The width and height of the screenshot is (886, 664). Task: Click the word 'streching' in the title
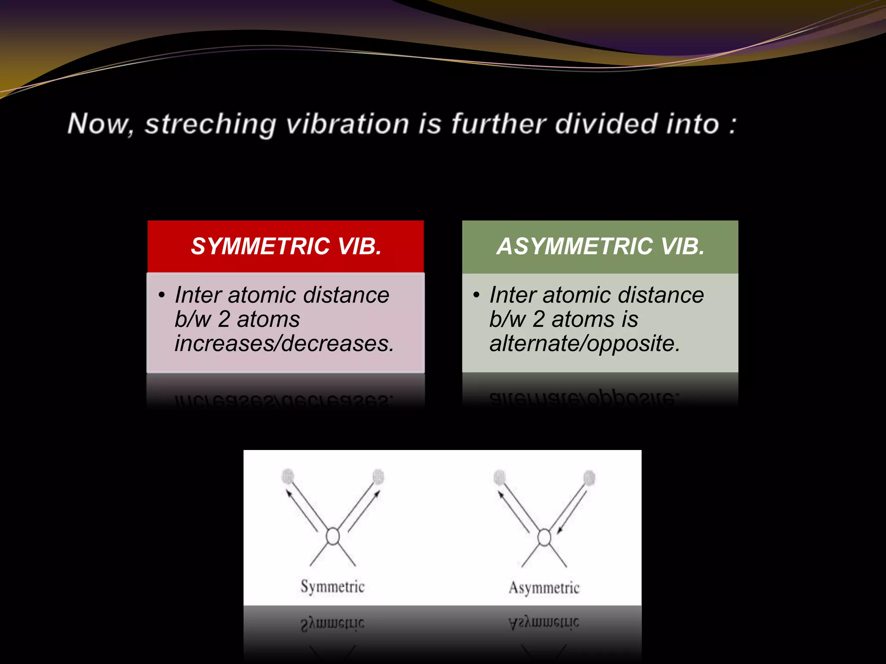(x=210, y=124)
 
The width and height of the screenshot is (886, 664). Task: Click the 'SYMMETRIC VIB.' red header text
(x=286, y=246)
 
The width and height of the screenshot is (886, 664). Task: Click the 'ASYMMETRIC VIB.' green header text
(x=600, y=246)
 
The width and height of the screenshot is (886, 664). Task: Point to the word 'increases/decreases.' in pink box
(x=284, y=344)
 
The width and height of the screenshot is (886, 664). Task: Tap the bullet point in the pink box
(x=161, y=295)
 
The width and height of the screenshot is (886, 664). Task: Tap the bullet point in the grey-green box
(x=476, y=295)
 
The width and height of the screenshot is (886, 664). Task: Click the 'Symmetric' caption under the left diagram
(x=333, y=587)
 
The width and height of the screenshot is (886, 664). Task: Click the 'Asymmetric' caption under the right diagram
(x=544, y=587)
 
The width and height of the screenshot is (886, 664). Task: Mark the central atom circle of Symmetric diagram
(x=333, y=536)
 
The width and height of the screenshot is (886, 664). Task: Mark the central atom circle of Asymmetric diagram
(x=544, y=538)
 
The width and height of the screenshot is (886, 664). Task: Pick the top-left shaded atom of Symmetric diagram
(x=287, y=476)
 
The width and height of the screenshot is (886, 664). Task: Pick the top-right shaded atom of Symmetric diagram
(x=378, y=476)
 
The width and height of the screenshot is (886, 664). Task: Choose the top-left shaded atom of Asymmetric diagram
(x=500, y=477)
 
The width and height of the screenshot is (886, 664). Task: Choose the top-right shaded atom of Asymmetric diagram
(x=589, y=478)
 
